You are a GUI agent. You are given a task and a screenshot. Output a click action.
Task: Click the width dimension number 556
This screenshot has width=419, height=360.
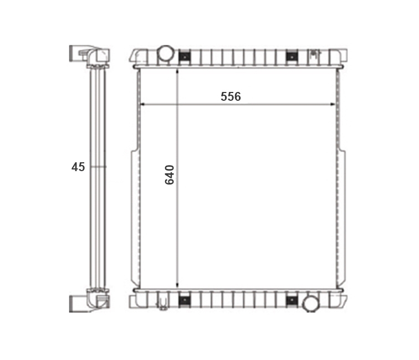point(231,96)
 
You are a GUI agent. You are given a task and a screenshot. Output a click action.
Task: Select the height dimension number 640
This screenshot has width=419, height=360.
point(170,175)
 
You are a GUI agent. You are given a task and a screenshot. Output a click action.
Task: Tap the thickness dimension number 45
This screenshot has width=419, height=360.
point(78,167)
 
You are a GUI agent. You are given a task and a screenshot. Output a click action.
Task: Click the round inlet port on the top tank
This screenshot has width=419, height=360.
point(165,53)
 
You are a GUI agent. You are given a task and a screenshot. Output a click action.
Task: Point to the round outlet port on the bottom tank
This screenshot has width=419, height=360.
point(310,304)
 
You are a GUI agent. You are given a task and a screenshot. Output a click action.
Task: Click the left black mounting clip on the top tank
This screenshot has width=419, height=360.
point(185,57)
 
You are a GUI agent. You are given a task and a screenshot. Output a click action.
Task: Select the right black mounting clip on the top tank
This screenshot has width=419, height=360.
point(292,57)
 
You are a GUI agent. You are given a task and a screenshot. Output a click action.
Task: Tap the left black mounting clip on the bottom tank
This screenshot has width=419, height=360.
point(185,301)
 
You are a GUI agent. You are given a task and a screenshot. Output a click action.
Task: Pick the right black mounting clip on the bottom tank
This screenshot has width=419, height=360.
point(292,301)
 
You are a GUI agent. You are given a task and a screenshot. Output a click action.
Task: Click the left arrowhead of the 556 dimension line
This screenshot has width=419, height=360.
point(142,104)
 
